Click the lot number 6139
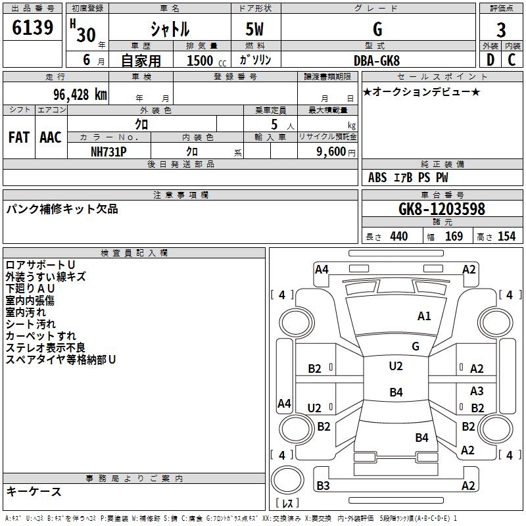pos(33,29)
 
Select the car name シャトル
pos(170,29)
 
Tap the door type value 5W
pos(256,30)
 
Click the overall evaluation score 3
pos(501,30)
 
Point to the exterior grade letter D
pos(490,59)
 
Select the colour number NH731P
pos(108,151)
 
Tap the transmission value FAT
pos(18,137)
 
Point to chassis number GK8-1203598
pos(442,209)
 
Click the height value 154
pos(506,237)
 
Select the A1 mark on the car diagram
pos(424,316)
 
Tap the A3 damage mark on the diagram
pos(477,391)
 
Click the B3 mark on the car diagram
pos(323,486)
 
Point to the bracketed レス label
pos(287,504)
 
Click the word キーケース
pos(34,492)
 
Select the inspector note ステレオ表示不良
pos(45,348)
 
